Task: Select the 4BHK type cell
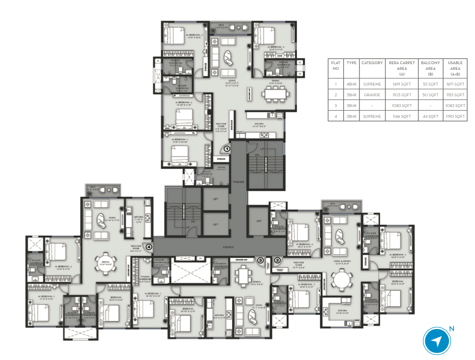coord(351,84)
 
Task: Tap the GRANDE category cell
coord(372,94)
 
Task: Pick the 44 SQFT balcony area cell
coord(430,116)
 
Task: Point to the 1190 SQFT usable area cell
coord(455,116)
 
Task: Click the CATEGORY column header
coord(372,63)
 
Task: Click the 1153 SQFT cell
coord(455,94)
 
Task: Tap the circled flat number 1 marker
coord(227,148)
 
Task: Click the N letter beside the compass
coord(451,329)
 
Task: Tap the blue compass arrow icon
coord(437,341)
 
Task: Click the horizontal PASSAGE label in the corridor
coord(228,246)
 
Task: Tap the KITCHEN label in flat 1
coord(259,123)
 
